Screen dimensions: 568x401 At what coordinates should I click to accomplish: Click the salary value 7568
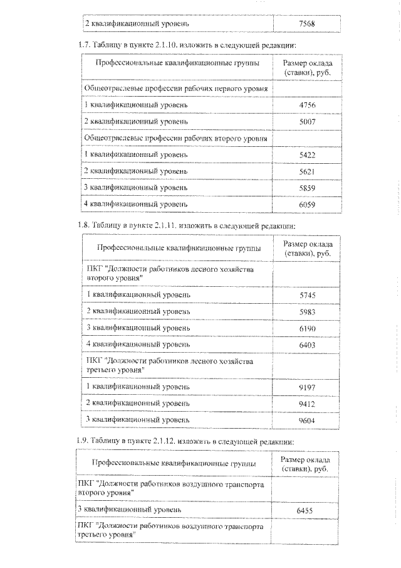point(307,24)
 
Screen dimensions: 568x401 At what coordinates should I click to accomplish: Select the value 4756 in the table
point(307,105)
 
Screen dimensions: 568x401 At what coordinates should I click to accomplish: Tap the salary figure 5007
point(307,121)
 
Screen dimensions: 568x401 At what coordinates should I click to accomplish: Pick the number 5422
point(307,154)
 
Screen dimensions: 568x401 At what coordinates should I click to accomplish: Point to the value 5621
point(307,171)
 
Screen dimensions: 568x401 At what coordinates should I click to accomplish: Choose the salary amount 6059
point(307,204)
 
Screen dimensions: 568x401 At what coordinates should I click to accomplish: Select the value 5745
point(307,294)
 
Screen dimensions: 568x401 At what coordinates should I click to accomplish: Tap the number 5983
point(307,311)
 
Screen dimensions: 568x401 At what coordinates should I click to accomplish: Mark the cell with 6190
point(307,328)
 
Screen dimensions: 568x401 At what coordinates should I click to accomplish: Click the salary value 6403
point(307,345)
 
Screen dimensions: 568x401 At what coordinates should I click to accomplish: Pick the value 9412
point(307,403)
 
